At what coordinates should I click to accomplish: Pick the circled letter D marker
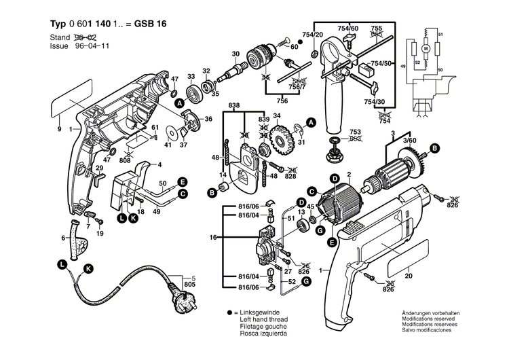pos(300,201)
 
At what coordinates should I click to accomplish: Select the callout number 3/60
pos(409,140)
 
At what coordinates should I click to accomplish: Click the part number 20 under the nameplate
pos(409,276)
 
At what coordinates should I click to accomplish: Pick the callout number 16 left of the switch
pos(212,238)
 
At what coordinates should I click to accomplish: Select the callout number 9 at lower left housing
pos(59,129)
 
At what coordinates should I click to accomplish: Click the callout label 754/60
pos(348,29)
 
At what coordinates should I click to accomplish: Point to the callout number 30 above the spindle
pos(235,54)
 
